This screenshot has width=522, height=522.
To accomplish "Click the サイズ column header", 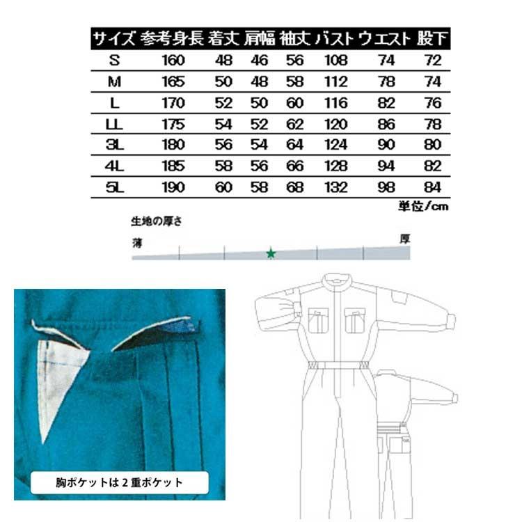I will (x=114, y=38).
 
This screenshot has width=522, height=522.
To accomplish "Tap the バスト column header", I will (x=335, y=38).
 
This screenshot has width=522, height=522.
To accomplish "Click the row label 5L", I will (x=115, y=187).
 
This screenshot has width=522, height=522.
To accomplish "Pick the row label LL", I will (x=115, y=125).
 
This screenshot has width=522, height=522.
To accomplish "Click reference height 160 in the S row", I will (x=173, y=61).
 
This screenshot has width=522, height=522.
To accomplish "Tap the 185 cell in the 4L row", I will (x=173, y=166).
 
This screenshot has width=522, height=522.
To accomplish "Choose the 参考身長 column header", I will (x=173, y=38).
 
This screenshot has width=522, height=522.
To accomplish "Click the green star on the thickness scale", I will (x=271, y=253).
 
